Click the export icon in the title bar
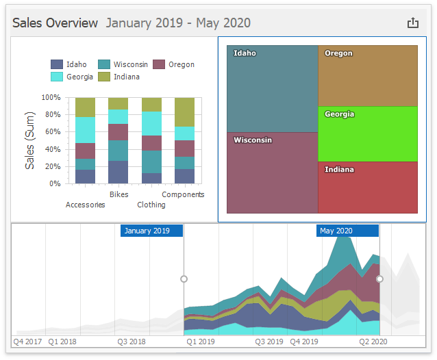412,23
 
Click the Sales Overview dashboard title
55,23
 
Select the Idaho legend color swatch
58,64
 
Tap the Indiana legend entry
124,77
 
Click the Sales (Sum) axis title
29,140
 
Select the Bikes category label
118,194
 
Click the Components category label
183,194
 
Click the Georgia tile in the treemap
368,134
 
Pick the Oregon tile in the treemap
368,76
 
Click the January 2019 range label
151,231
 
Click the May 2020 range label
347,231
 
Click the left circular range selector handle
184,279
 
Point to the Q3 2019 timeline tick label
269,341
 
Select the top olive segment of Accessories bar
85,107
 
